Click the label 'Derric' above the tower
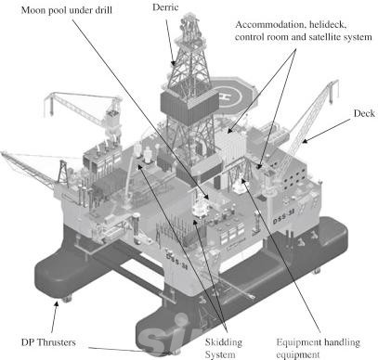tap(165, 7)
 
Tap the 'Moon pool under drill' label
tap(67, 10)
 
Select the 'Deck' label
tap(364, 113)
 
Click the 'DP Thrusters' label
tap(48, 342)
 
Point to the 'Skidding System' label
tap(224, 348)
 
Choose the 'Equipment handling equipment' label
tap(318, 348)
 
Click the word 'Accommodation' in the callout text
tap(264, 24)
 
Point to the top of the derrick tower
tap(190, 17)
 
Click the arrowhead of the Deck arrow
tap(304, 142)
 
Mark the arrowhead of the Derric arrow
tap(174, 63)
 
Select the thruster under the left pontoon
tap(67, 299)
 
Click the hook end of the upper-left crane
tap(49, 109)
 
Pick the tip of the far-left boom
tap(2, 153)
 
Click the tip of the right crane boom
tap(337, 82)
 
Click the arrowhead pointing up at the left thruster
tap(57, 304)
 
